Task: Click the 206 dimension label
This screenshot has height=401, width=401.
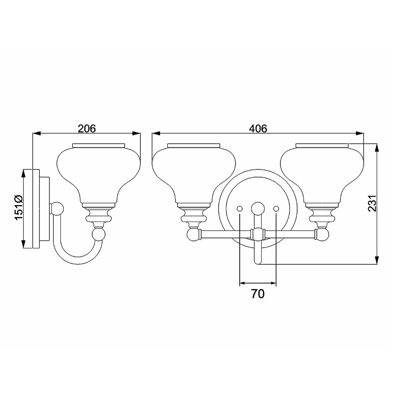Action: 86,129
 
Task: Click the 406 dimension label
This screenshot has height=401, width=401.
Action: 258,129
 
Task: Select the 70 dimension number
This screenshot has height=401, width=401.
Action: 258,294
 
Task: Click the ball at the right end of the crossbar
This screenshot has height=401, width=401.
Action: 322,234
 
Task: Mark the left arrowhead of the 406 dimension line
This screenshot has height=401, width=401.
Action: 155,133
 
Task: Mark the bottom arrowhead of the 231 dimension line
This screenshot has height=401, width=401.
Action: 376,261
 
